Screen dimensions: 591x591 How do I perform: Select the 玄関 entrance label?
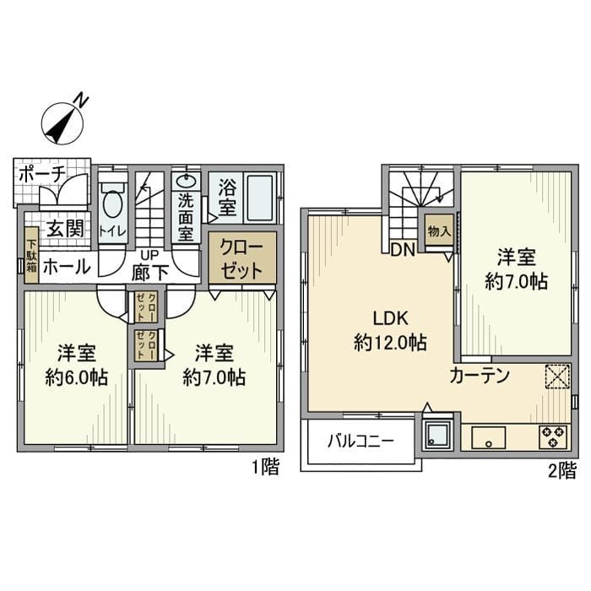(x=63, y=228)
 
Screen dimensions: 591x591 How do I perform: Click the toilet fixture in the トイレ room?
(x=112, y=204)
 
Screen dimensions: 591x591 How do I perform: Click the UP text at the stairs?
(x=149, y=255)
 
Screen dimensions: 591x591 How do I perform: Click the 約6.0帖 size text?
(x=76, y=377)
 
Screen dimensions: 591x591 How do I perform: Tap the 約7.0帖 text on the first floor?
(x=214, y=377)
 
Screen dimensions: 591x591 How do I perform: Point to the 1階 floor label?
(x=265, y=467)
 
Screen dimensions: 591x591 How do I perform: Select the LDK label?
(x=390, y=318)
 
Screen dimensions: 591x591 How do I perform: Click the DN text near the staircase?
(x=401, y=250)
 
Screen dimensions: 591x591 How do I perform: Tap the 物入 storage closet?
(x=438, y=230)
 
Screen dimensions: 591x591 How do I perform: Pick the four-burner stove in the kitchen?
(x=553, y=436)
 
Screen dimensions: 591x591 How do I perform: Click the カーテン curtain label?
(x=480, y=376)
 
